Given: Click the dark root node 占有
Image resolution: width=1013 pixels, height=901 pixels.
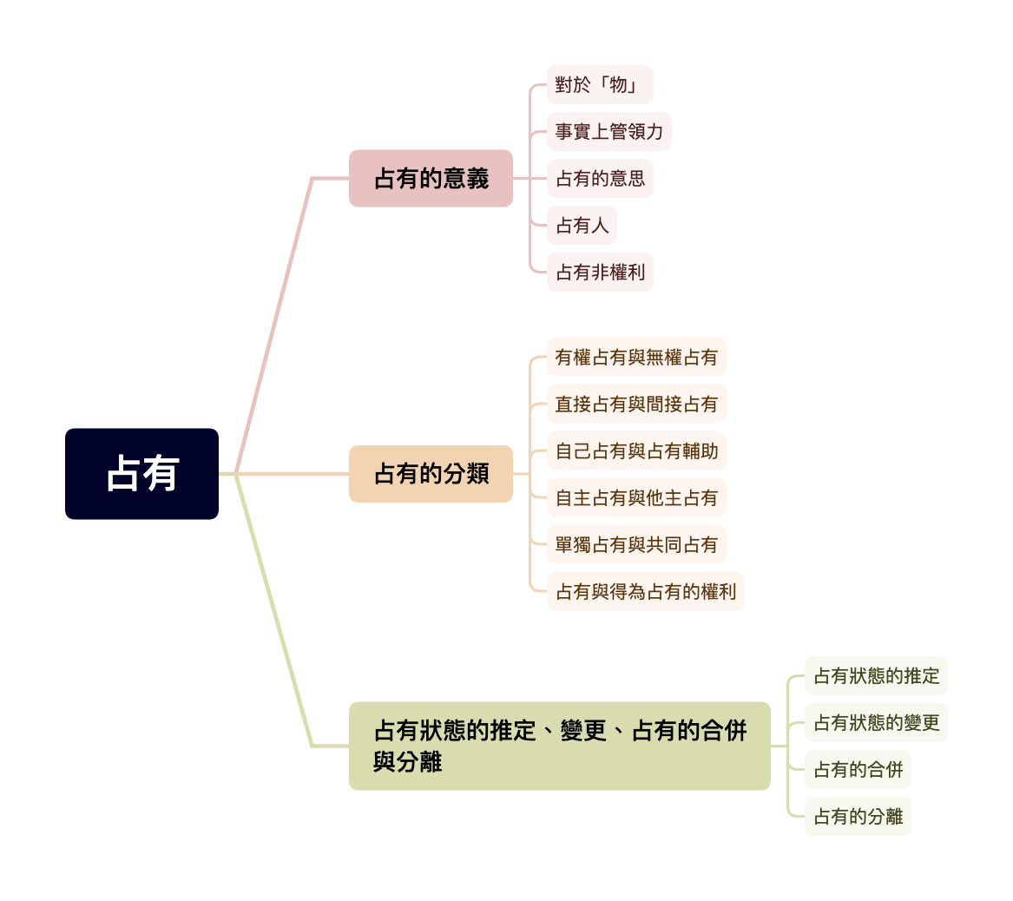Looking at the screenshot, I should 141,474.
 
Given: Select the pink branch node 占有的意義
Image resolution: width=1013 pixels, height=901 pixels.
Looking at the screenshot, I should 431,179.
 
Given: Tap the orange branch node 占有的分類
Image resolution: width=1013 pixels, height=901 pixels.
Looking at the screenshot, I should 431,474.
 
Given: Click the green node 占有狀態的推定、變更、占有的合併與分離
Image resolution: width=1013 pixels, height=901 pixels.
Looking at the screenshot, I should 559,746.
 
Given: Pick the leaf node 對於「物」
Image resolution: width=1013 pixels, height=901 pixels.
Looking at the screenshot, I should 599,85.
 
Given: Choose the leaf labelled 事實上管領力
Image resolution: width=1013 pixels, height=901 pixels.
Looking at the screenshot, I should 608,132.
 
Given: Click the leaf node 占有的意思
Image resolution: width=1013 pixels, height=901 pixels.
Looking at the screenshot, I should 599,179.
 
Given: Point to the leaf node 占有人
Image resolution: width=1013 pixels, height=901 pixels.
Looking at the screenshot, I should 582,226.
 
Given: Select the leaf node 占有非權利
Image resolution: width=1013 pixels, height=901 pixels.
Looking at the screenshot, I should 599,273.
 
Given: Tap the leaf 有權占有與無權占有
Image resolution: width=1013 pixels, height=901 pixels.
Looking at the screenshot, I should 636,357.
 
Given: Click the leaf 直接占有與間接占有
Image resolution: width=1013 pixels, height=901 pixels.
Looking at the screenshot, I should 636,404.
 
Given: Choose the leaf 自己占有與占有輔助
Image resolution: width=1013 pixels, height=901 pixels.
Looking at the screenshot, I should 636,450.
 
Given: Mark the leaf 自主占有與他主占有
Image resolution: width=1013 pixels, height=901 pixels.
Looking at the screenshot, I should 636,497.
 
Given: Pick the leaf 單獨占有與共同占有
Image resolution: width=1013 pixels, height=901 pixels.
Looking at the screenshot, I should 636,544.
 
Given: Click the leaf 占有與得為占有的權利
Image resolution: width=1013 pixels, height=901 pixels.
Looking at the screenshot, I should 645,591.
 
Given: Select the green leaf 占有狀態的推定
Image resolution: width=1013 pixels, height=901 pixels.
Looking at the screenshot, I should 876,675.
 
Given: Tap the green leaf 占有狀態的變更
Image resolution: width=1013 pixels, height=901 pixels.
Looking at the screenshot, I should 876,722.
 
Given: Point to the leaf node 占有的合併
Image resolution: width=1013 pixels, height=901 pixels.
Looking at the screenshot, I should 858,769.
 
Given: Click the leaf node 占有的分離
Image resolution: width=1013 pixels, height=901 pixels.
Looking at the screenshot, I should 858,816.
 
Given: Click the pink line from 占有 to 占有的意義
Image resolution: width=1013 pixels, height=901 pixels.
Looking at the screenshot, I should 273,326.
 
